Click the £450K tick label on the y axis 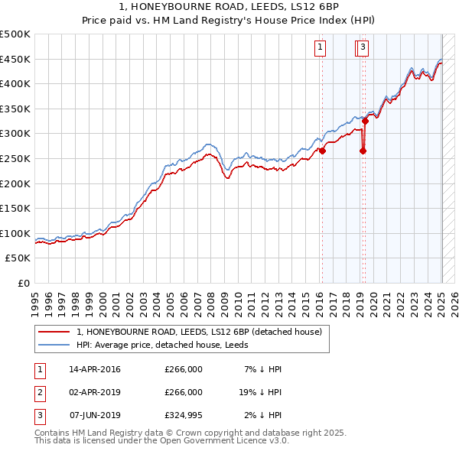pos(15,59)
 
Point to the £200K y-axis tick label pos(15,183)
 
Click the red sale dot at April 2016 pos(322,151)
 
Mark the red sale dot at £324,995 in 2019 pos(366,121)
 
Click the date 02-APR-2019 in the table pos(95,392)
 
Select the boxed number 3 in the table pos(39,415)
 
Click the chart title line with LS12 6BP pos(229,8)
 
